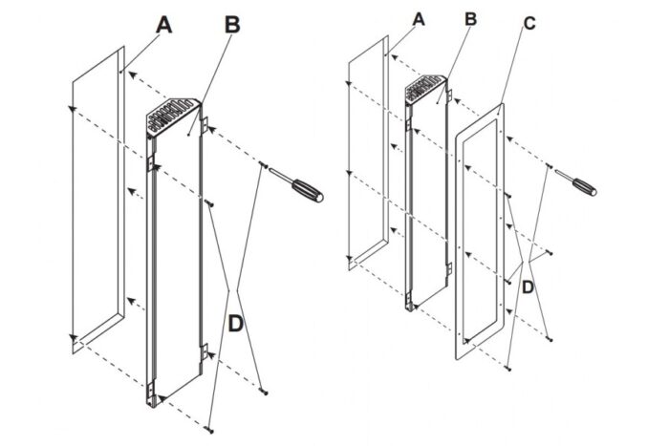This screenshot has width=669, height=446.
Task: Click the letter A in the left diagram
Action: (x=163, y=27)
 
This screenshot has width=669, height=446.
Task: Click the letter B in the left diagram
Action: (x=232, y=26)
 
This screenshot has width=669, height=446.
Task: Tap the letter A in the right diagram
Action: (x=418, y=19)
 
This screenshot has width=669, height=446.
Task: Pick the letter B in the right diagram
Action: (x=469, y=19)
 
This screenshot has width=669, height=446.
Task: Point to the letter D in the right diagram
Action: (x=529, y=285)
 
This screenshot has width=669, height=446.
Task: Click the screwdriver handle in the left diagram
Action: (x=308, y=190)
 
